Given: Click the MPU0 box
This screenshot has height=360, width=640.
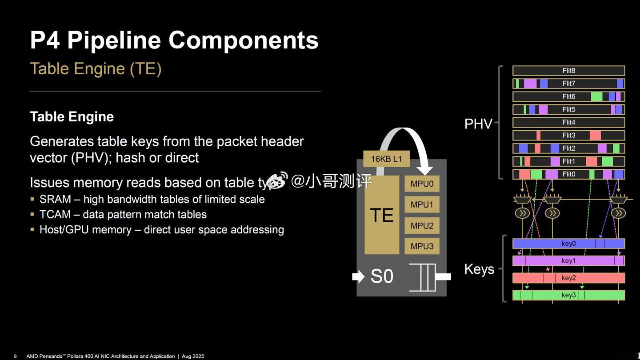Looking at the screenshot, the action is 422,184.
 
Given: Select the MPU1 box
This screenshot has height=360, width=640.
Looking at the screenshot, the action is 422,204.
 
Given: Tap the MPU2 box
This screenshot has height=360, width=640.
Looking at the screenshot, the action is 422,226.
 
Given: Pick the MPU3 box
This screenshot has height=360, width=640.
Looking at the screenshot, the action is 422,246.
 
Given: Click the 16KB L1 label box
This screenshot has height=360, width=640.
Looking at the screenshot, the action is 386,159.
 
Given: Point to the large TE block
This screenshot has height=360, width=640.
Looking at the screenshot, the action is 382,215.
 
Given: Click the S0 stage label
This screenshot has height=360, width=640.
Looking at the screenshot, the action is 382,276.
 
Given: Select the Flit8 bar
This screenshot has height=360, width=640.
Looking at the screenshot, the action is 568,71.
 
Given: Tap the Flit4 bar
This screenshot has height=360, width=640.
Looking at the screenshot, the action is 568,122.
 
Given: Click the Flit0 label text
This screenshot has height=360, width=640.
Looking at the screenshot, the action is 568,174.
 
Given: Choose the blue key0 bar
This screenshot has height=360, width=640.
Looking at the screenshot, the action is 568,244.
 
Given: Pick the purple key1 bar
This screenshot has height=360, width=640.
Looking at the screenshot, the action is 568,260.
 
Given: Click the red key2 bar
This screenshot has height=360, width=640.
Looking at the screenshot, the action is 568,278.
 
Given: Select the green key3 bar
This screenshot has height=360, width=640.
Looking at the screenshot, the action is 568,295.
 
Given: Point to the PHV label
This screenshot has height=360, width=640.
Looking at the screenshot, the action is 478,124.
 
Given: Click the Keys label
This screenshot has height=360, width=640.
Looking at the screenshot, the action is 479,269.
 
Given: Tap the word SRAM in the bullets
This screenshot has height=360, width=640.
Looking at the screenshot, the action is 55,199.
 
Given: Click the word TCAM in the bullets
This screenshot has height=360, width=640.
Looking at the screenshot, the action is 55,214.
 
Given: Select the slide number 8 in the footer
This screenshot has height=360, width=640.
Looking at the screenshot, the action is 16,356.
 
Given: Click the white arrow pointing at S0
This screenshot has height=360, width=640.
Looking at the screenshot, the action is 358,276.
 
